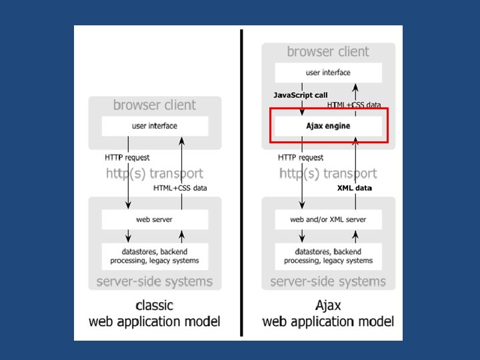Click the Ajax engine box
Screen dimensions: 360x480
(328, 125)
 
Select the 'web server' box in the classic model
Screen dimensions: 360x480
(155, 219)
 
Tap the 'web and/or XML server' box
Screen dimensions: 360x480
(328, 219)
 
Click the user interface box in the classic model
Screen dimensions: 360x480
(155, 125)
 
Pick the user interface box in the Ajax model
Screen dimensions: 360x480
(328, 72)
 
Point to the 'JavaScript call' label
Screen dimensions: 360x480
(301, 95)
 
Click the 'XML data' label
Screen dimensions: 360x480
(354, 188)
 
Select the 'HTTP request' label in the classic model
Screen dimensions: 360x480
(127, 157)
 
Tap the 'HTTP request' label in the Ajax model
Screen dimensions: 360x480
(301, 157)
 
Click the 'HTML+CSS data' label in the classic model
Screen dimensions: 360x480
(180, 188)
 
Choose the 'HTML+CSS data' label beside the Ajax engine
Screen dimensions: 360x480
(354, 105)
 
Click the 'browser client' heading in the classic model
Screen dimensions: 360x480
(155, 105)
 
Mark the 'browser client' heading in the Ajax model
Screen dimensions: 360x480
(328, 51)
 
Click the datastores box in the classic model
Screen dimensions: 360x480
(155, 256)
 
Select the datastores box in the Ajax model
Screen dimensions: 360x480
(328, 256)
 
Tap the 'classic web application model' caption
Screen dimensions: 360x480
(155, 313)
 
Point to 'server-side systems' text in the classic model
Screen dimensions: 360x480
(155, 281)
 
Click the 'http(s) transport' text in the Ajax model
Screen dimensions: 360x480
(328, 173)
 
